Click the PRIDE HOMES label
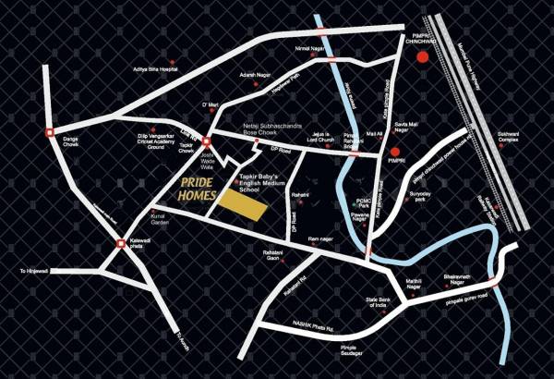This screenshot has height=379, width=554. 198,189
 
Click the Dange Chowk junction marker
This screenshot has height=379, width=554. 50,132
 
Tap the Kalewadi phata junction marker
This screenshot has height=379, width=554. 121,244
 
